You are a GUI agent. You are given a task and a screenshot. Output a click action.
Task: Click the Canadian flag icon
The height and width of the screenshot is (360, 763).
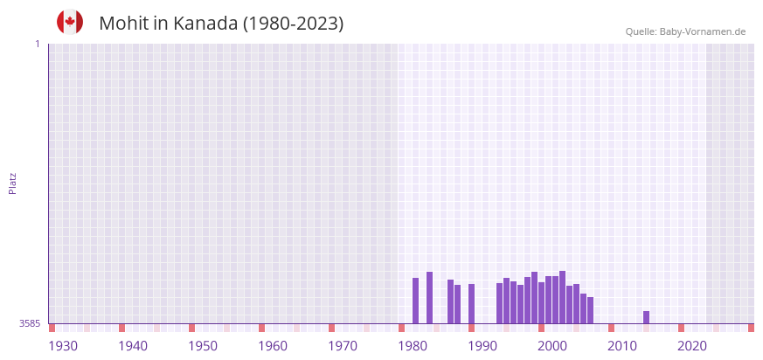70,22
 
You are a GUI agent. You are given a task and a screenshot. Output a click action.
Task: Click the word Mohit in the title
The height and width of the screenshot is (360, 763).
123,24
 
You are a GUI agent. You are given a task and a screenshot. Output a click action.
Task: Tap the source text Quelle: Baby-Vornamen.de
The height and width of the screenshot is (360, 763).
685,31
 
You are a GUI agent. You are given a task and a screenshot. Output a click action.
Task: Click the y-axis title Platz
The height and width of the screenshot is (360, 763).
12,183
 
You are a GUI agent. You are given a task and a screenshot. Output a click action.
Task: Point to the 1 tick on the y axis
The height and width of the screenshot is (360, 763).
37,44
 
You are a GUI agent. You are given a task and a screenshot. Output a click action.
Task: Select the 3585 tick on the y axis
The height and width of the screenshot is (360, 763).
30,323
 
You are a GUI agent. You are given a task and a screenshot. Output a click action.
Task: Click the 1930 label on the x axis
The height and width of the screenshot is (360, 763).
63,346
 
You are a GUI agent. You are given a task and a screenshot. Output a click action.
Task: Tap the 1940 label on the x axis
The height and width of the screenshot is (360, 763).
133,346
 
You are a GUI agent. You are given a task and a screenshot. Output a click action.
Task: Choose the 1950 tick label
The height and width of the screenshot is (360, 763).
203,346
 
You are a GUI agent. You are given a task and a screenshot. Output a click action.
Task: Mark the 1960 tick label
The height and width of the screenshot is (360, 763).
273,346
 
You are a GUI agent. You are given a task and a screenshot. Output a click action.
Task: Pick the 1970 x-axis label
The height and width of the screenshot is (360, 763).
343,346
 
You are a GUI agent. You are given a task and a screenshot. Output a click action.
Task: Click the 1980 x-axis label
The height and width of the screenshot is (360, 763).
413,346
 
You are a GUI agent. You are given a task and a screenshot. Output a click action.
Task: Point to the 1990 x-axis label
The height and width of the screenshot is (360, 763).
482,346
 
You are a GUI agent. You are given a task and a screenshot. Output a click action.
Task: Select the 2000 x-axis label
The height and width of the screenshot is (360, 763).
552,346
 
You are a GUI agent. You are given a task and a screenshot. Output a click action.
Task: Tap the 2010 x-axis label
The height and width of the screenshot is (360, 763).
622,346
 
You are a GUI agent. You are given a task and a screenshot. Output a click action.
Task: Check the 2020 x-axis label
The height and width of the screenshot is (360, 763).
692,346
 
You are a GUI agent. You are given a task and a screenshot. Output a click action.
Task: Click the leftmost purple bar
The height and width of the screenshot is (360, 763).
415,301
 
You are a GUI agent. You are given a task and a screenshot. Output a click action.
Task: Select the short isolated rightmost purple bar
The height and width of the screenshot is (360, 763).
646,317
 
